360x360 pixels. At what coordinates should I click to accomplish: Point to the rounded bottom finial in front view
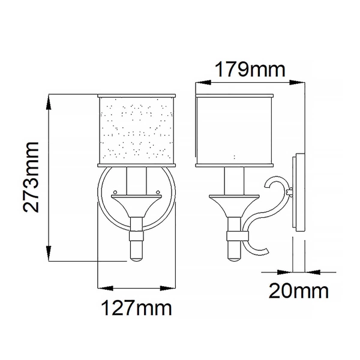point(136,251)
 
